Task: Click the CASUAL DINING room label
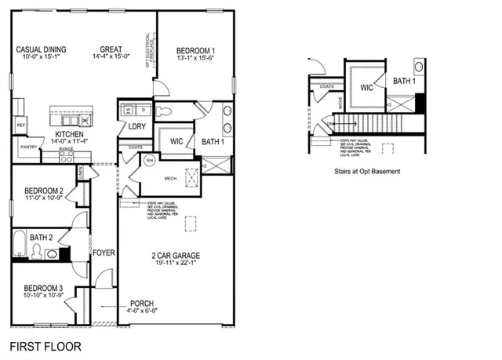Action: tap(39, 49)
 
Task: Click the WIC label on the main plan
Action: tap(176, 142)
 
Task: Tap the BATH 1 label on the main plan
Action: tap(213, 142)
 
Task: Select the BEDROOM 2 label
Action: tap(43, 191)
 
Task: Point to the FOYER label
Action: tap(104, 253)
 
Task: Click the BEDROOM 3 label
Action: tap(43, 287)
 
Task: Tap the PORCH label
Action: tap(142, 304)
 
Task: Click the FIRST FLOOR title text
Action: tap(45, 346)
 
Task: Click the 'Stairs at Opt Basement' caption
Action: tap(368, 171)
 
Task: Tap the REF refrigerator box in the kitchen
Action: tap(21, 125)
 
